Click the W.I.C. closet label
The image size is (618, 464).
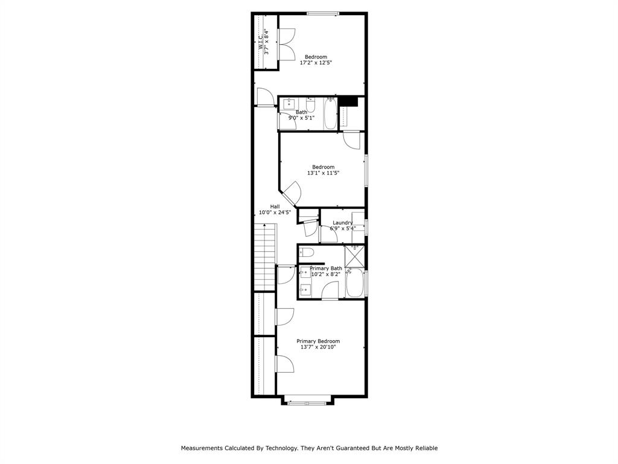point(261,41)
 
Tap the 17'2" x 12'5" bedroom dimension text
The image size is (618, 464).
point(316,62)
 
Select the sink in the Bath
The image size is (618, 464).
point(288,104)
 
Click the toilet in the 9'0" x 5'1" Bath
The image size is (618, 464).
point(310,106)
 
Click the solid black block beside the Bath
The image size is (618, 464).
point(348,101)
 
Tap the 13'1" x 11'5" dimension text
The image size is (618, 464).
point(323,173)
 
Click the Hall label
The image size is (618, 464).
point(275,206)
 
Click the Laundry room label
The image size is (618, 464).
point(342,222)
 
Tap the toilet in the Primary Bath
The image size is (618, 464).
point(306,253)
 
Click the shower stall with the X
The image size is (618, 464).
point(354,256)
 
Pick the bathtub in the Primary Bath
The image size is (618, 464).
point(354,283)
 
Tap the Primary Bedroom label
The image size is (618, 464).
point(318,341)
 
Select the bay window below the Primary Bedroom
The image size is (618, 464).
point(307,402)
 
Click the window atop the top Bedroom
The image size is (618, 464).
point(323,13)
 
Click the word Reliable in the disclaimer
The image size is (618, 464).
point(424,448)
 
